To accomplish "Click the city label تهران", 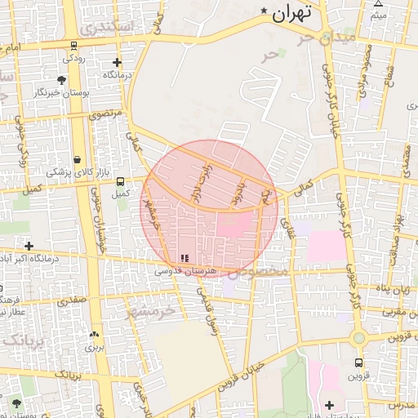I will coord(293,13).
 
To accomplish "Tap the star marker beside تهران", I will coord(264,11).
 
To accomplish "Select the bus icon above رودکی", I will coord(74,47).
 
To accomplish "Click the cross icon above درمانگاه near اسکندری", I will coord(117,63).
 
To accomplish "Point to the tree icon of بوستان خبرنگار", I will coord(61,80).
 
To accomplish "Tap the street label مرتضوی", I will coord(105,113).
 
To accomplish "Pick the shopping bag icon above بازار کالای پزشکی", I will coord(77,159).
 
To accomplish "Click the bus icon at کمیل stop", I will coord(121,181).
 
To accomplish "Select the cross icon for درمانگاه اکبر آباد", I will coord(29,245).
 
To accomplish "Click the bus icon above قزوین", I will coord(358,362).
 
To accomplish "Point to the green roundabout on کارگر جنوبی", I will coord(358,337).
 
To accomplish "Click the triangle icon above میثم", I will coord(378,5).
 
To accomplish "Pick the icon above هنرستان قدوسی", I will coord(183,258).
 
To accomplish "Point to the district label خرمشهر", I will coord(153,311).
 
